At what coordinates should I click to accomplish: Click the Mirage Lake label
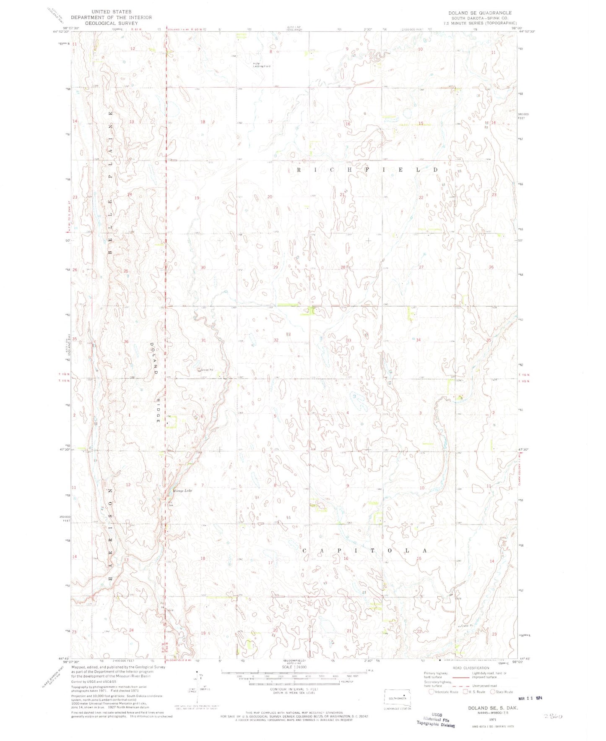coord(182,491)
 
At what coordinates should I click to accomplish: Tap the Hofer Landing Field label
coord(261,65)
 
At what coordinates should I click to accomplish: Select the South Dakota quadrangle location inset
coord(398,698)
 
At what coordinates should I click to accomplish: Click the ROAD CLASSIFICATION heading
coord(471,668)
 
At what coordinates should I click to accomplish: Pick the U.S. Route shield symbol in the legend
coord(466,692)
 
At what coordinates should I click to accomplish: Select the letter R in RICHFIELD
coord(299,170)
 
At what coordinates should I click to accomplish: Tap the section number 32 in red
coord(276,340)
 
